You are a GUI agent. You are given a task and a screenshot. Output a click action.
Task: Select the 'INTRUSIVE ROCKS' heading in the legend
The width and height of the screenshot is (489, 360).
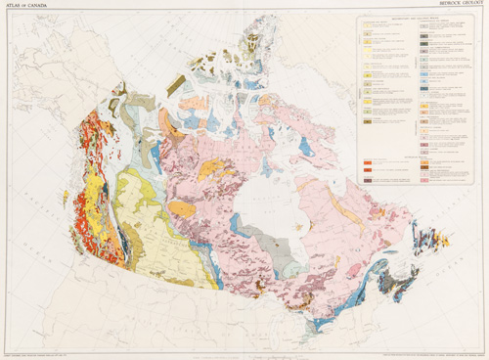381,155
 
